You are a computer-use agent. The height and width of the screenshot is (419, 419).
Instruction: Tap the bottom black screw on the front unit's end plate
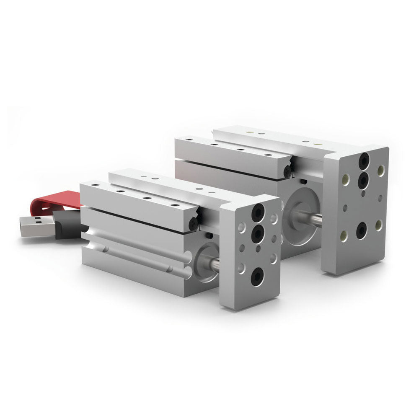[257, 275]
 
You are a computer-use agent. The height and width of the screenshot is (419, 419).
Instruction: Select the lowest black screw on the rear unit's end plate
[361, 230]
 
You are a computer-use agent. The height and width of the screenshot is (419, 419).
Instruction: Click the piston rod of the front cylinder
[214, 263]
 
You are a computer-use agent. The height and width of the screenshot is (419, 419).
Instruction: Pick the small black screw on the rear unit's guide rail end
[287, 171]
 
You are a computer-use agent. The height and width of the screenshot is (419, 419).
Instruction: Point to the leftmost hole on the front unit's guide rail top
[96, 184]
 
